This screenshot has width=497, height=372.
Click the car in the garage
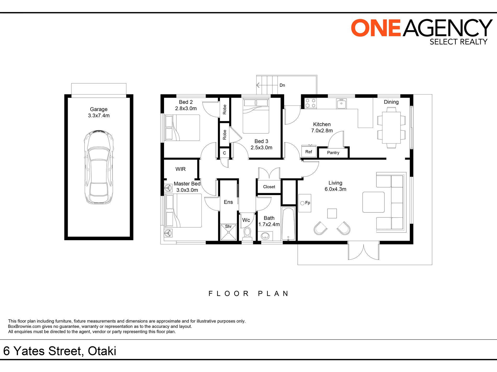[x=99, y=167]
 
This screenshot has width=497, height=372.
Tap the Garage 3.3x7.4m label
[x=99, y=113]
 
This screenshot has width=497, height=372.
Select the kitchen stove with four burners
[x=310, y=103]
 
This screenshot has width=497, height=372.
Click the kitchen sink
[x=341, y=104]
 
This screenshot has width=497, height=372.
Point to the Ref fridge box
[x=309, y=151]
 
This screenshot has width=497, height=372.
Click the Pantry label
[x=333, y=153]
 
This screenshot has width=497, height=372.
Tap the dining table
[x=391, y=128]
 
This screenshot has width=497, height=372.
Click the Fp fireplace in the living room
[x=305, y=203]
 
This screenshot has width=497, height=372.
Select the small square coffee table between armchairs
[x=332, y=213]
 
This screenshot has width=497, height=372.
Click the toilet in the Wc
[x=247, y=234]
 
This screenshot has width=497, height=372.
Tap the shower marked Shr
[x=228, y=232]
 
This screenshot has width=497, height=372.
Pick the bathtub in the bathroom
[x=289, y=224]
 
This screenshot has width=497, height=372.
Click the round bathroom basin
[x=265, y=236]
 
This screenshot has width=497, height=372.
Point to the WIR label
[x=180, y=169]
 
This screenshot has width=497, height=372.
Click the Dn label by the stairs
[x=282, y=85]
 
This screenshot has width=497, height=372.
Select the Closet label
[x=269, y=187]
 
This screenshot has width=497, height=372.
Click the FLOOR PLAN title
[x=249, y=294]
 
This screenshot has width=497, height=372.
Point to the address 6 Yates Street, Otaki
[x=60, y=351]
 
